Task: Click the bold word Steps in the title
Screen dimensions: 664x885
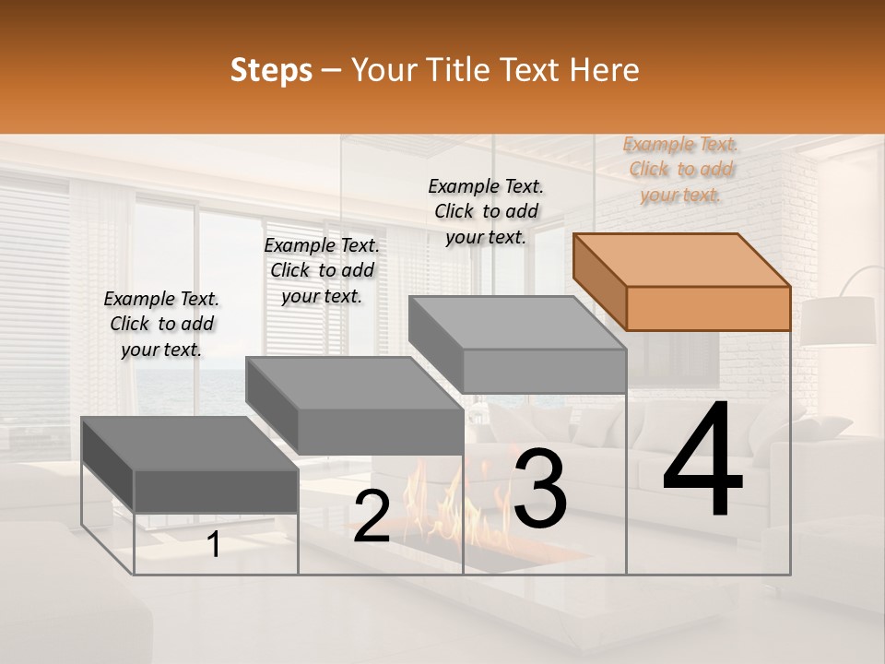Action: [x=271, y=70]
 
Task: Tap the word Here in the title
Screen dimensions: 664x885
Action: [x=605, y=70]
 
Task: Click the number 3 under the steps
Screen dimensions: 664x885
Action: [x=539, y=489]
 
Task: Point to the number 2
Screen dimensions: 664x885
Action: [x=372, y=516]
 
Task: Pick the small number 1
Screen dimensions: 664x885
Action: [x=214, y=545]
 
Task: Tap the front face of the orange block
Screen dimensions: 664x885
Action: [x=708, y=308]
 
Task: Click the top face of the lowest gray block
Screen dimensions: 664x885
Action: [x=190, y=443]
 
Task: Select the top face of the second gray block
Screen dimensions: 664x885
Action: [x=354, y=384]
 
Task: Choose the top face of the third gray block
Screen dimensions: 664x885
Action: [x=518, y=323]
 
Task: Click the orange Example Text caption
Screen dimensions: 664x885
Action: [x=680, y=169]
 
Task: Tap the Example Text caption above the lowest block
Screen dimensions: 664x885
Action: [x=161, y=324]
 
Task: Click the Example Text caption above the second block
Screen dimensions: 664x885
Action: [x=321, y=270]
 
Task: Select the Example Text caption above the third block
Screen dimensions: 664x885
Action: [x=486, y=211]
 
